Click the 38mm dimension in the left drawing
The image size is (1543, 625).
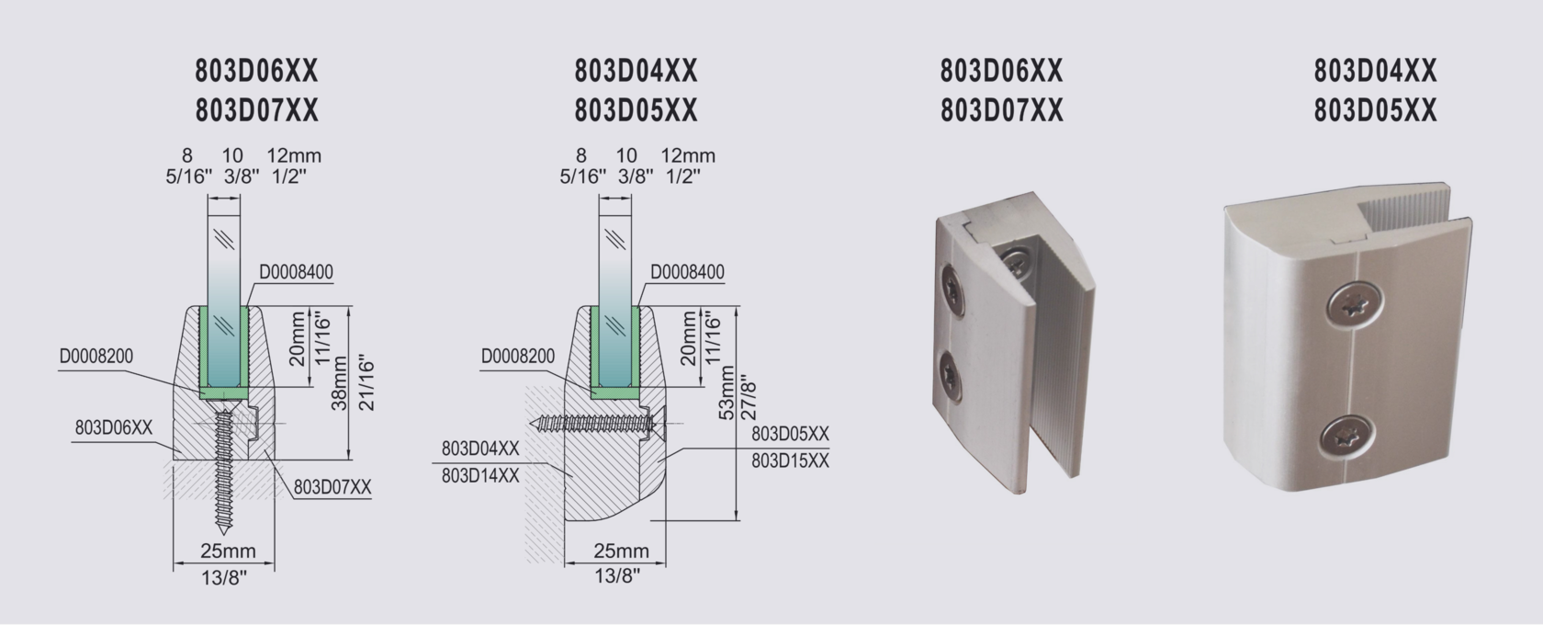[339, 383]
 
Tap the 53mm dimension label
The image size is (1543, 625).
[727, 395]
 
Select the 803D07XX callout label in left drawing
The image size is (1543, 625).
[332, 487]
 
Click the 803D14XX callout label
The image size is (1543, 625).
[480, 475]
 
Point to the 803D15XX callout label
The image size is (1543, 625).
[790, 460]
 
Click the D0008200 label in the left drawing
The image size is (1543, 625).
[96, 357]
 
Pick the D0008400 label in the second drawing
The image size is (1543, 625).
[687, 272]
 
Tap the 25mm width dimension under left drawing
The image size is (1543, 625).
[228, 551]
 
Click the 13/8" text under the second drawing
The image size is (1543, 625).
[617, 576]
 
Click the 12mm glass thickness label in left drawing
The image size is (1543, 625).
[294, 156]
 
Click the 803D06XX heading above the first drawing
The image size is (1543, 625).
[257, 71]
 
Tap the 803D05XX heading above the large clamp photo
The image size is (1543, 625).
[1375, 111]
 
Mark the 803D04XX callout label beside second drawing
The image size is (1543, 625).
[480, 449]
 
